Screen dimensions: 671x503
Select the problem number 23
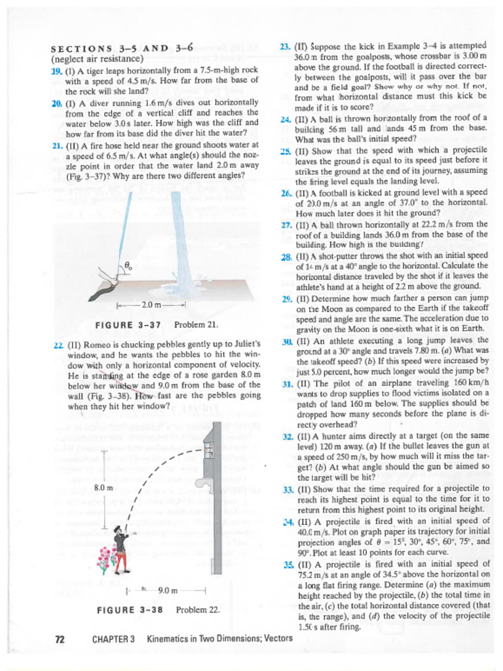pyautogui.click(x=285, y=46)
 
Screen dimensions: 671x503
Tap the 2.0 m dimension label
pyautogui.click(x=151, y=305)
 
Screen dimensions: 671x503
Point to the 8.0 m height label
pyautogui.click(x=105, y=488)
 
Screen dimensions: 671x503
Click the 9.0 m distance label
pyautogui.click(x=168, y=590)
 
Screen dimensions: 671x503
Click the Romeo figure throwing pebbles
pyautogui.click(x=120, y=549)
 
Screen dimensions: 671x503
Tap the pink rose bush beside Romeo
pyautogui.click(x=105, y=558)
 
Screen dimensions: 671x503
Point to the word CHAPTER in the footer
pyautogui.click(x=113, y=638)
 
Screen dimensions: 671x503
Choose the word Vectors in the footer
pyautogui.click(x=277, y=638)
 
